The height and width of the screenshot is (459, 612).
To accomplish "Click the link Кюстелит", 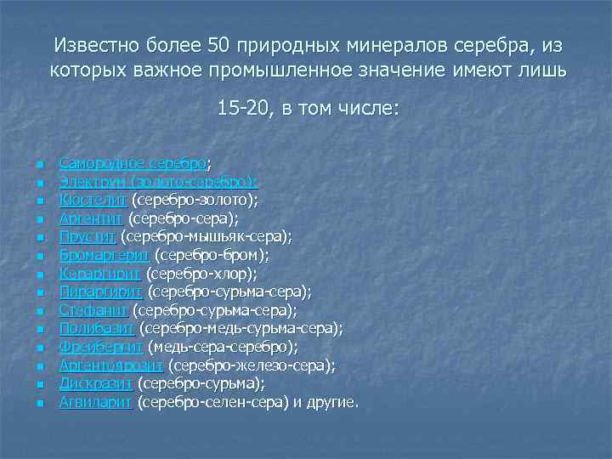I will point(93,200).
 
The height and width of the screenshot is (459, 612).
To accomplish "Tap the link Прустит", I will point(88,235).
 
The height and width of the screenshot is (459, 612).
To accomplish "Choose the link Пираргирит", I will point(99,292).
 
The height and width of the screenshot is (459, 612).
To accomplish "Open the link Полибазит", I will point(97,328).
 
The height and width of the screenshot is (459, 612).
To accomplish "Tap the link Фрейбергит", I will point(101,347).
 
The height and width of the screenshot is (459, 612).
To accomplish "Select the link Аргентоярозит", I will point(112,365).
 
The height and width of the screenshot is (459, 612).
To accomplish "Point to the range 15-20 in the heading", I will point(242,109).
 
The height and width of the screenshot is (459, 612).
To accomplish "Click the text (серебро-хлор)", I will point(201,273).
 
